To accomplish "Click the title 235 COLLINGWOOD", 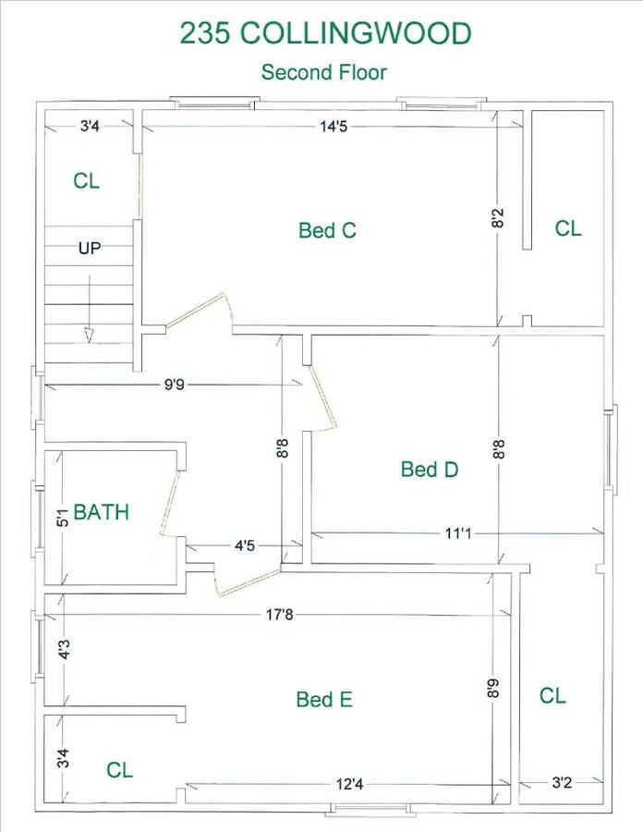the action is click(325, 33).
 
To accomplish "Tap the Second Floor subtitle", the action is click(324, 72).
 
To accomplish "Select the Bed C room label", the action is click(327, 230).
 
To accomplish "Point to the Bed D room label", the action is click(430, 469).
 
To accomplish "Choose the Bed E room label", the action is click(324, 700).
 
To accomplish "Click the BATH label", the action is click(102, 512).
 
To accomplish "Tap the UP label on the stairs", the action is click(90, 248).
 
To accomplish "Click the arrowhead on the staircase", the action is click(89, 336).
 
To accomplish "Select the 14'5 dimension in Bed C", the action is click(334, 127).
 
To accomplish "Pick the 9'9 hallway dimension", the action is click(174, 385).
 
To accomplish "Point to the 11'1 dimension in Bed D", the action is click(458, 532).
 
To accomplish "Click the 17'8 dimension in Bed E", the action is click(279, 615).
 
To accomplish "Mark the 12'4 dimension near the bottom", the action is click(350, 784).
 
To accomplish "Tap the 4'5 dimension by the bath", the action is click(245, 545).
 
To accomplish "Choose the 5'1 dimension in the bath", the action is click(63, 518).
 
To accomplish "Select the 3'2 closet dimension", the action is click(562, 783).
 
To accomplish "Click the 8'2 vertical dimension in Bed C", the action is click(498, 218).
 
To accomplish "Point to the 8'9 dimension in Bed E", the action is click(493, 688).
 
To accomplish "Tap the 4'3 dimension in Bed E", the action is click(64, 650).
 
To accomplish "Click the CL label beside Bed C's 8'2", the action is click(568, 228).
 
